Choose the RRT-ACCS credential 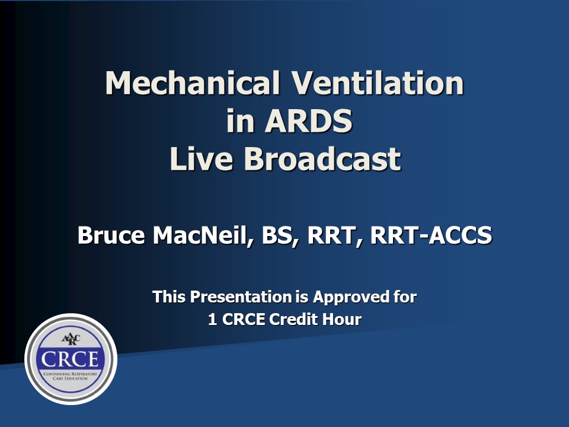pos(431,235)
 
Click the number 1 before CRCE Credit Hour pos(212,319)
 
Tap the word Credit pos(295,319)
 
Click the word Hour pos(343,319)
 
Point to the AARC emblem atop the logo pos(71,339)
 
